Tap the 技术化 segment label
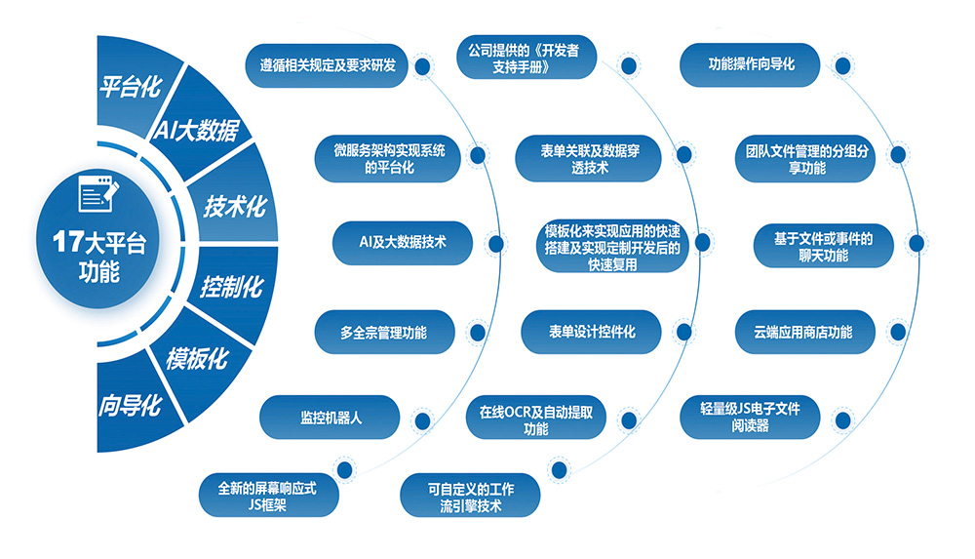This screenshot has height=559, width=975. [x=233, y=206]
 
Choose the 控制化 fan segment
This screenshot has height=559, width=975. [x=231, y=287]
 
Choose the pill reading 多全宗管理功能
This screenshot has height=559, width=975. [x=383, y=332]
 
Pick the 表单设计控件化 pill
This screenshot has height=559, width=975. [x=591, y=332]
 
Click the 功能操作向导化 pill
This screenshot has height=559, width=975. [x=751, y=65]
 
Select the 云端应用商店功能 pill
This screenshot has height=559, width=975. [x=802, y=332]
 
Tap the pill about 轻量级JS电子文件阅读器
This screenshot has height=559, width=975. [x=750, y=418]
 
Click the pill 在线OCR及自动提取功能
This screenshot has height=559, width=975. [x=535, y=419]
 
